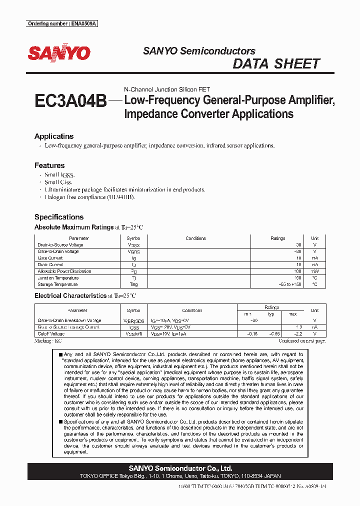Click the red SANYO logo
tap(59, 53)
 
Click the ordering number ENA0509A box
tap(62, 23)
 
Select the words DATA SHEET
tap(276, 64)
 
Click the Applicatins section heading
tap(54, 136)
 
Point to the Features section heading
tap(49, 165)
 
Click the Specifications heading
tap(59, 217)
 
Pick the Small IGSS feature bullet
tap(59, 175)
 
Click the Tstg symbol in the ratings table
tap(133, 284)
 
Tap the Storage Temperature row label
tap(58, 284)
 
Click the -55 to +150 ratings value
tap(290, 284)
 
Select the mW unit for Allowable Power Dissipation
tap(314, 271)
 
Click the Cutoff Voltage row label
tap(51, 333)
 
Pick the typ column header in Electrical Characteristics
tap(271, 314)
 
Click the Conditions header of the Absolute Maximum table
tap(195, 238)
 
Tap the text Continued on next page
tap(301, 340)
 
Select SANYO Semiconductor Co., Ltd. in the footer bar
tap(180, 468)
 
